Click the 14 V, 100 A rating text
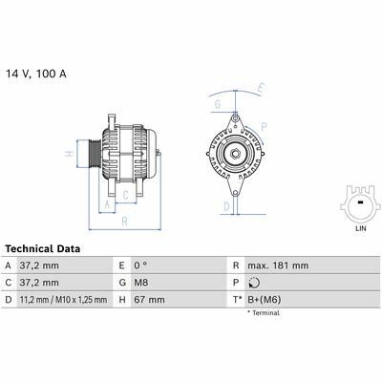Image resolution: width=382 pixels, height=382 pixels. [x=36, y=74]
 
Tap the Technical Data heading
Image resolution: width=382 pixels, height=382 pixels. [x=43, y=248]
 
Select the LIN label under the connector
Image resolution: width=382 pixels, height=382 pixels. [x=361, y=228]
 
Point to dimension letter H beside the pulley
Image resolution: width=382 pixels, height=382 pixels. [x=70, y=154]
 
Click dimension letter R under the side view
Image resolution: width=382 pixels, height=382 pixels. [x=124, y=222]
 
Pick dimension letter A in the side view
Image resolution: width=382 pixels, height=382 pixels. [x=107, y=205]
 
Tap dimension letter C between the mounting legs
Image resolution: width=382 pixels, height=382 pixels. [x=126, y=195]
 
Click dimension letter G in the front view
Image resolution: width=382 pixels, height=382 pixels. [x=218, y=104]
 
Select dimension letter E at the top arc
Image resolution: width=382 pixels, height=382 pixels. [x=261, y=88]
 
